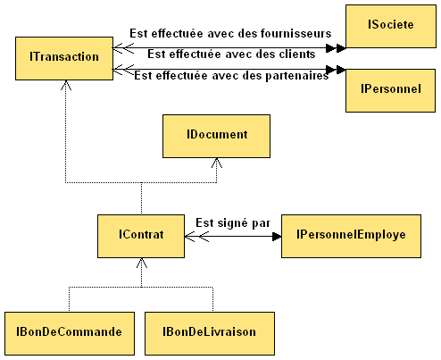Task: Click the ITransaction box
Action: tap(64, 58)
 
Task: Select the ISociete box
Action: tap(391, 26)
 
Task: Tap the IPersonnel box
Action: tap(390, 90)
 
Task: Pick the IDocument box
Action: tap(216, 136)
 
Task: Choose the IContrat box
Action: tap(141, 236)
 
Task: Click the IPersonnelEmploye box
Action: tap(351, 236)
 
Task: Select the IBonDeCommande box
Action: tap(70, 333)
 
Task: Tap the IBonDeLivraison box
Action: tap(210, 333)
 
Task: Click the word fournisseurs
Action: tap(296, 33)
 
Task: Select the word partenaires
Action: tap(296, 76)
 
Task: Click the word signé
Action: tap(232, 223)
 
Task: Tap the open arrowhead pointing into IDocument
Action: tap(217, 163)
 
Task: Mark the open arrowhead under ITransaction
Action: tap(66, 85)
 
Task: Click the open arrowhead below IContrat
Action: tap(142, 263)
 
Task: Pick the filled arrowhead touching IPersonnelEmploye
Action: tap(277, 237)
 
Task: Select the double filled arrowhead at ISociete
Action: tap(336, 47)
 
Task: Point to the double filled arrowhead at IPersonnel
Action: tap(336, 70)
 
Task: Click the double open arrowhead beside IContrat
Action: tap(196, 237)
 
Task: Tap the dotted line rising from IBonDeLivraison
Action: tap(212, 299)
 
